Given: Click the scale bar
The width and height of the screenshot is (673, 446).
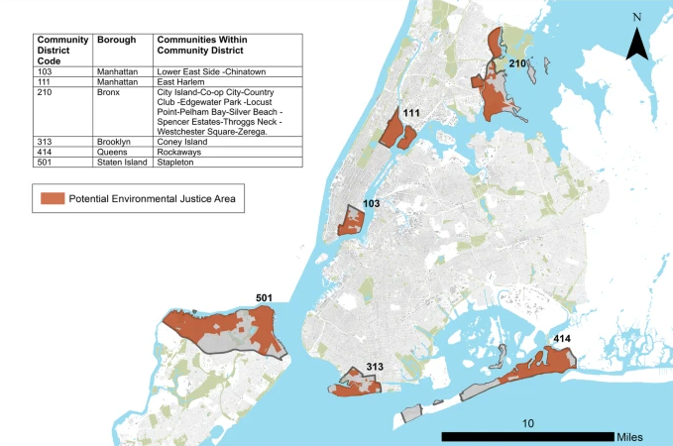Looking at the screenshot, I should (x=525, y=436).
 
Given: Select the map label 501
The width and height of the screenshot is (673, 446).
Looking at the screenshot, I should (x=265, y=299).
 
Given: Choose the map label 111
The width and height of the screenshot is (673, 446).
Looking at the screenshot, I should (x=412, y=114).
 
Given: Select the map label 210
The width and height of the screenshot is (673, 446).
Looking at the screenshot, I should (x=517, y=63).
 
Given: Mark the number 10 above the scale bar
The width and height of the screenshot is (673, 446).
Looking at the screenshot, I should (x=527, y=422).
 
